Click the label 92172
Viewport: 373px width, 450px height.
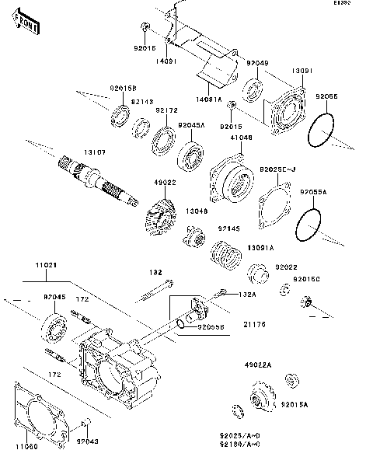pyautogui.click(x=166, y=110)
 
